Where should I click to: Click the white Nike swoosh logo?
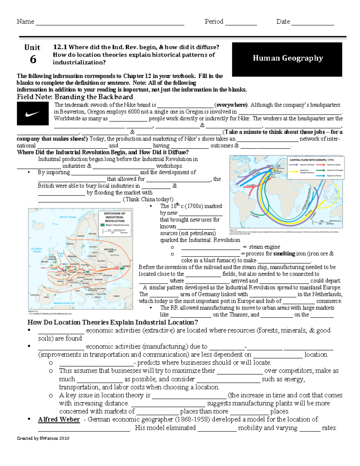(x=33, y=114)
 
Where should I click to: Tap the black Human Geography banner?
(x=287, y=59)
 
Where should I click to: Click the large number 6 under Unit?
(x=33, y=59)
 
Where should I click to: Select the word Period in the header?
(x=214, y=22)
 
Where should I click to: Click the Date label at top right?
(x=283, y=22)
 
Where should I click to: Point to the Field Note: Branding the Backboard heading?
(x=75, y=97)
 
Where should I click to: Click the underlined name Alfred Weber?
(x=59, y=419)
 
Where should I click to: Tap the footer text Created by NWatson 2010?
(x=43, y=438)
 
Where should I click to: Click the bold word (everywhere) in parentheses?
(x=231, y=105)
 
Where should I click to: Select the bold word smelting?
(x=284, y=254)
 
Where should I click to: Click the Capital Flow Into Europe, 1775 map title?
(x=311, y=160)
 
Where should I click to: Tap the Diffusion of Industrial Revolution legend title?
(x=114, y=217)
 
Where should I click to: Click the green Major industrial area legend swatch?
(x=103, y=225)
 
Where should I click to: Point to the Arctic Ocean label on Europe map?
(x=68, y=217)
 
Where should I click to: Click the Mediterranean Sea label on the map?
(x=64, y=303)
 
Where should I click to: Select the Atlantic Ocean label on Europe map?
(x=37, y=250)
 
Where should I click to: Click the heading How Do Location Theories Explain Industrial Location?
(x=113, y=322)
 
